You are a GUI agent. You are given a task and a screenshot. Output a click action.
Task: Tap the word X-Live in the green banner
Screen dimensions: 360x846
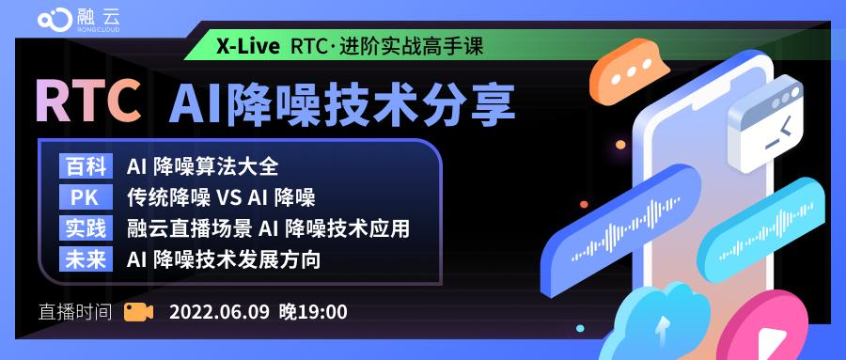click(247, 46)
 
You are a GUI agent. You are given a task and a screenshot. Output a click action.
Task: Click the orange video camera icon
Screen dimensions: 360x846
click(138, 311)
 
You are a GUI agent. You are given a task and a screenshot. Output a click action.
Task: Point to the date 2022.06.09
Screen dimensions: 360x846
click(218, 312)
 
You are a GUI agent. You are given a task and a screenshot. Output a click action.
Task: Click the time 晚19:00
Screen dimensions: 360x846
click(313, 312)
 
